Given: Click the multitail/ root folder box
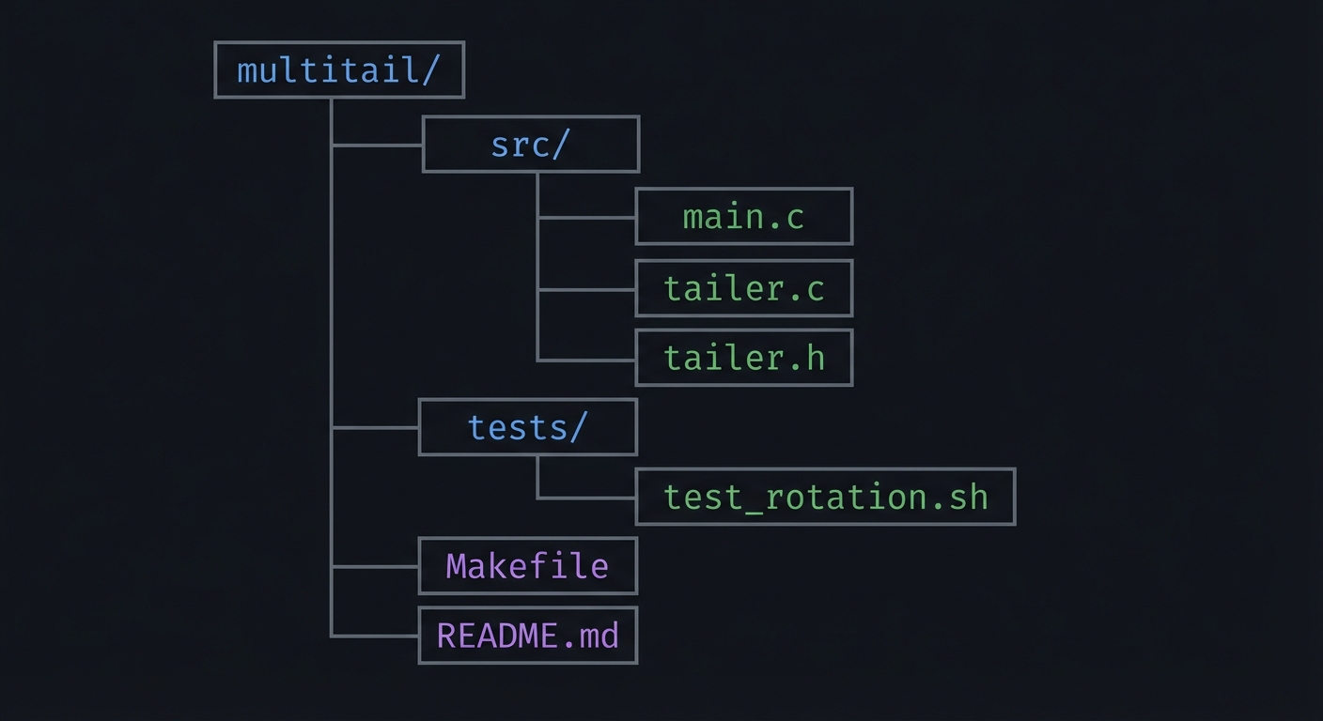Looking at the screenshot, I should point(339,69).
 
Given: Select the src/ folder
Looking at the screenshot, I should point(531,145).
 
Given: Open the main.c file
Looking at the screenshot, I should point(743,217).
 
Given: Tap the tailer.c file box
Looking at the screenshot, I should point(743,288).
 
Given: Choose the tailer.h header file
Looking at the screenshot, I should point(743,358).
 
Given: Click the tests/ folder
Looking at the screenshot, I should point(527,427).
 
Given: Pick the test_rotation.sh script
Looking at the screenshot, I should point(825,497).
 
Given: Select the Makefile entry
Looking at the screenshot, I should point(527,566).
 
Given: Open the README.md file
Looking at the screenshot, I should point(527,636).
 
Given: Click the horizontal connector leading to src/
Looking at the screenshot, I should point(377,146).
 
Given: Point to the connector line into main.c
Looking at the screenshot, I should point(586,218).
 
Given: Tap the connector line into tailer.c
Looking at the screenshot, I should point(586,289).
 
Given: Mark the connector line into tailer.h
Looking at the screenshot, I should point(586,360).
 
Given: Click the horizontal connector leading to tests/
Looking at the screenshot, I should point(375,427).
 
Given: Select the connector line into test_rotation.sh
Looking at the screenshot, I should point(586,498).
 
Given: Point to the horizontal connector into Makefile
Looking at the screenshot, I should point(375,567).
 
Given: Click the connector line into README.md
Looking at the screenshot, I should point(375,637).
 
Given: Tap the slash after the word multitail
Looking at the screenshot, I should point(430,70).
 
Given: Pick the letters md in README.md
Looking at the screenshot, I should point(599,636).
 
